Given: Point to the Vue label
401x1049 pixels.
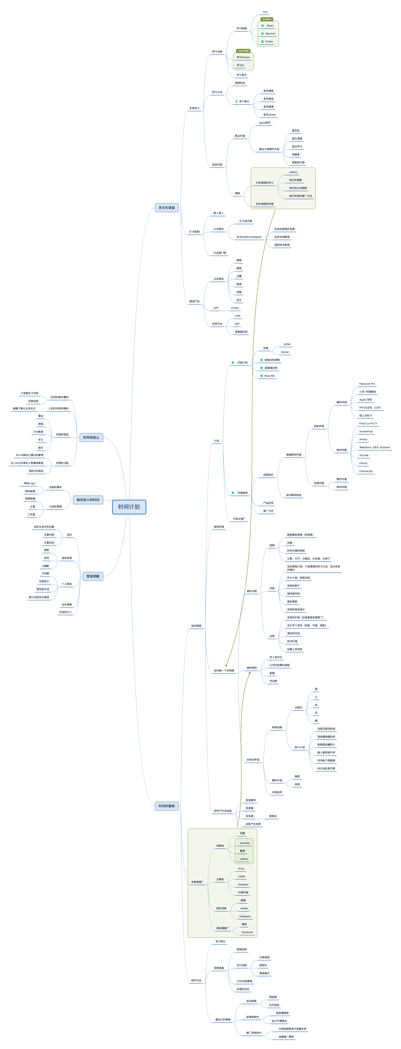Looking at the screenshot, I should [x=265, y=12].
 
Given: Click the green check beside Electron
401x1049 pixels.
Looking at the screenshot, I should [x=262, y=33].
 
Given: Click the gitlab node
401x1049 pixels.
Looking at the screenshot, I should [x=287, y=344].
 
